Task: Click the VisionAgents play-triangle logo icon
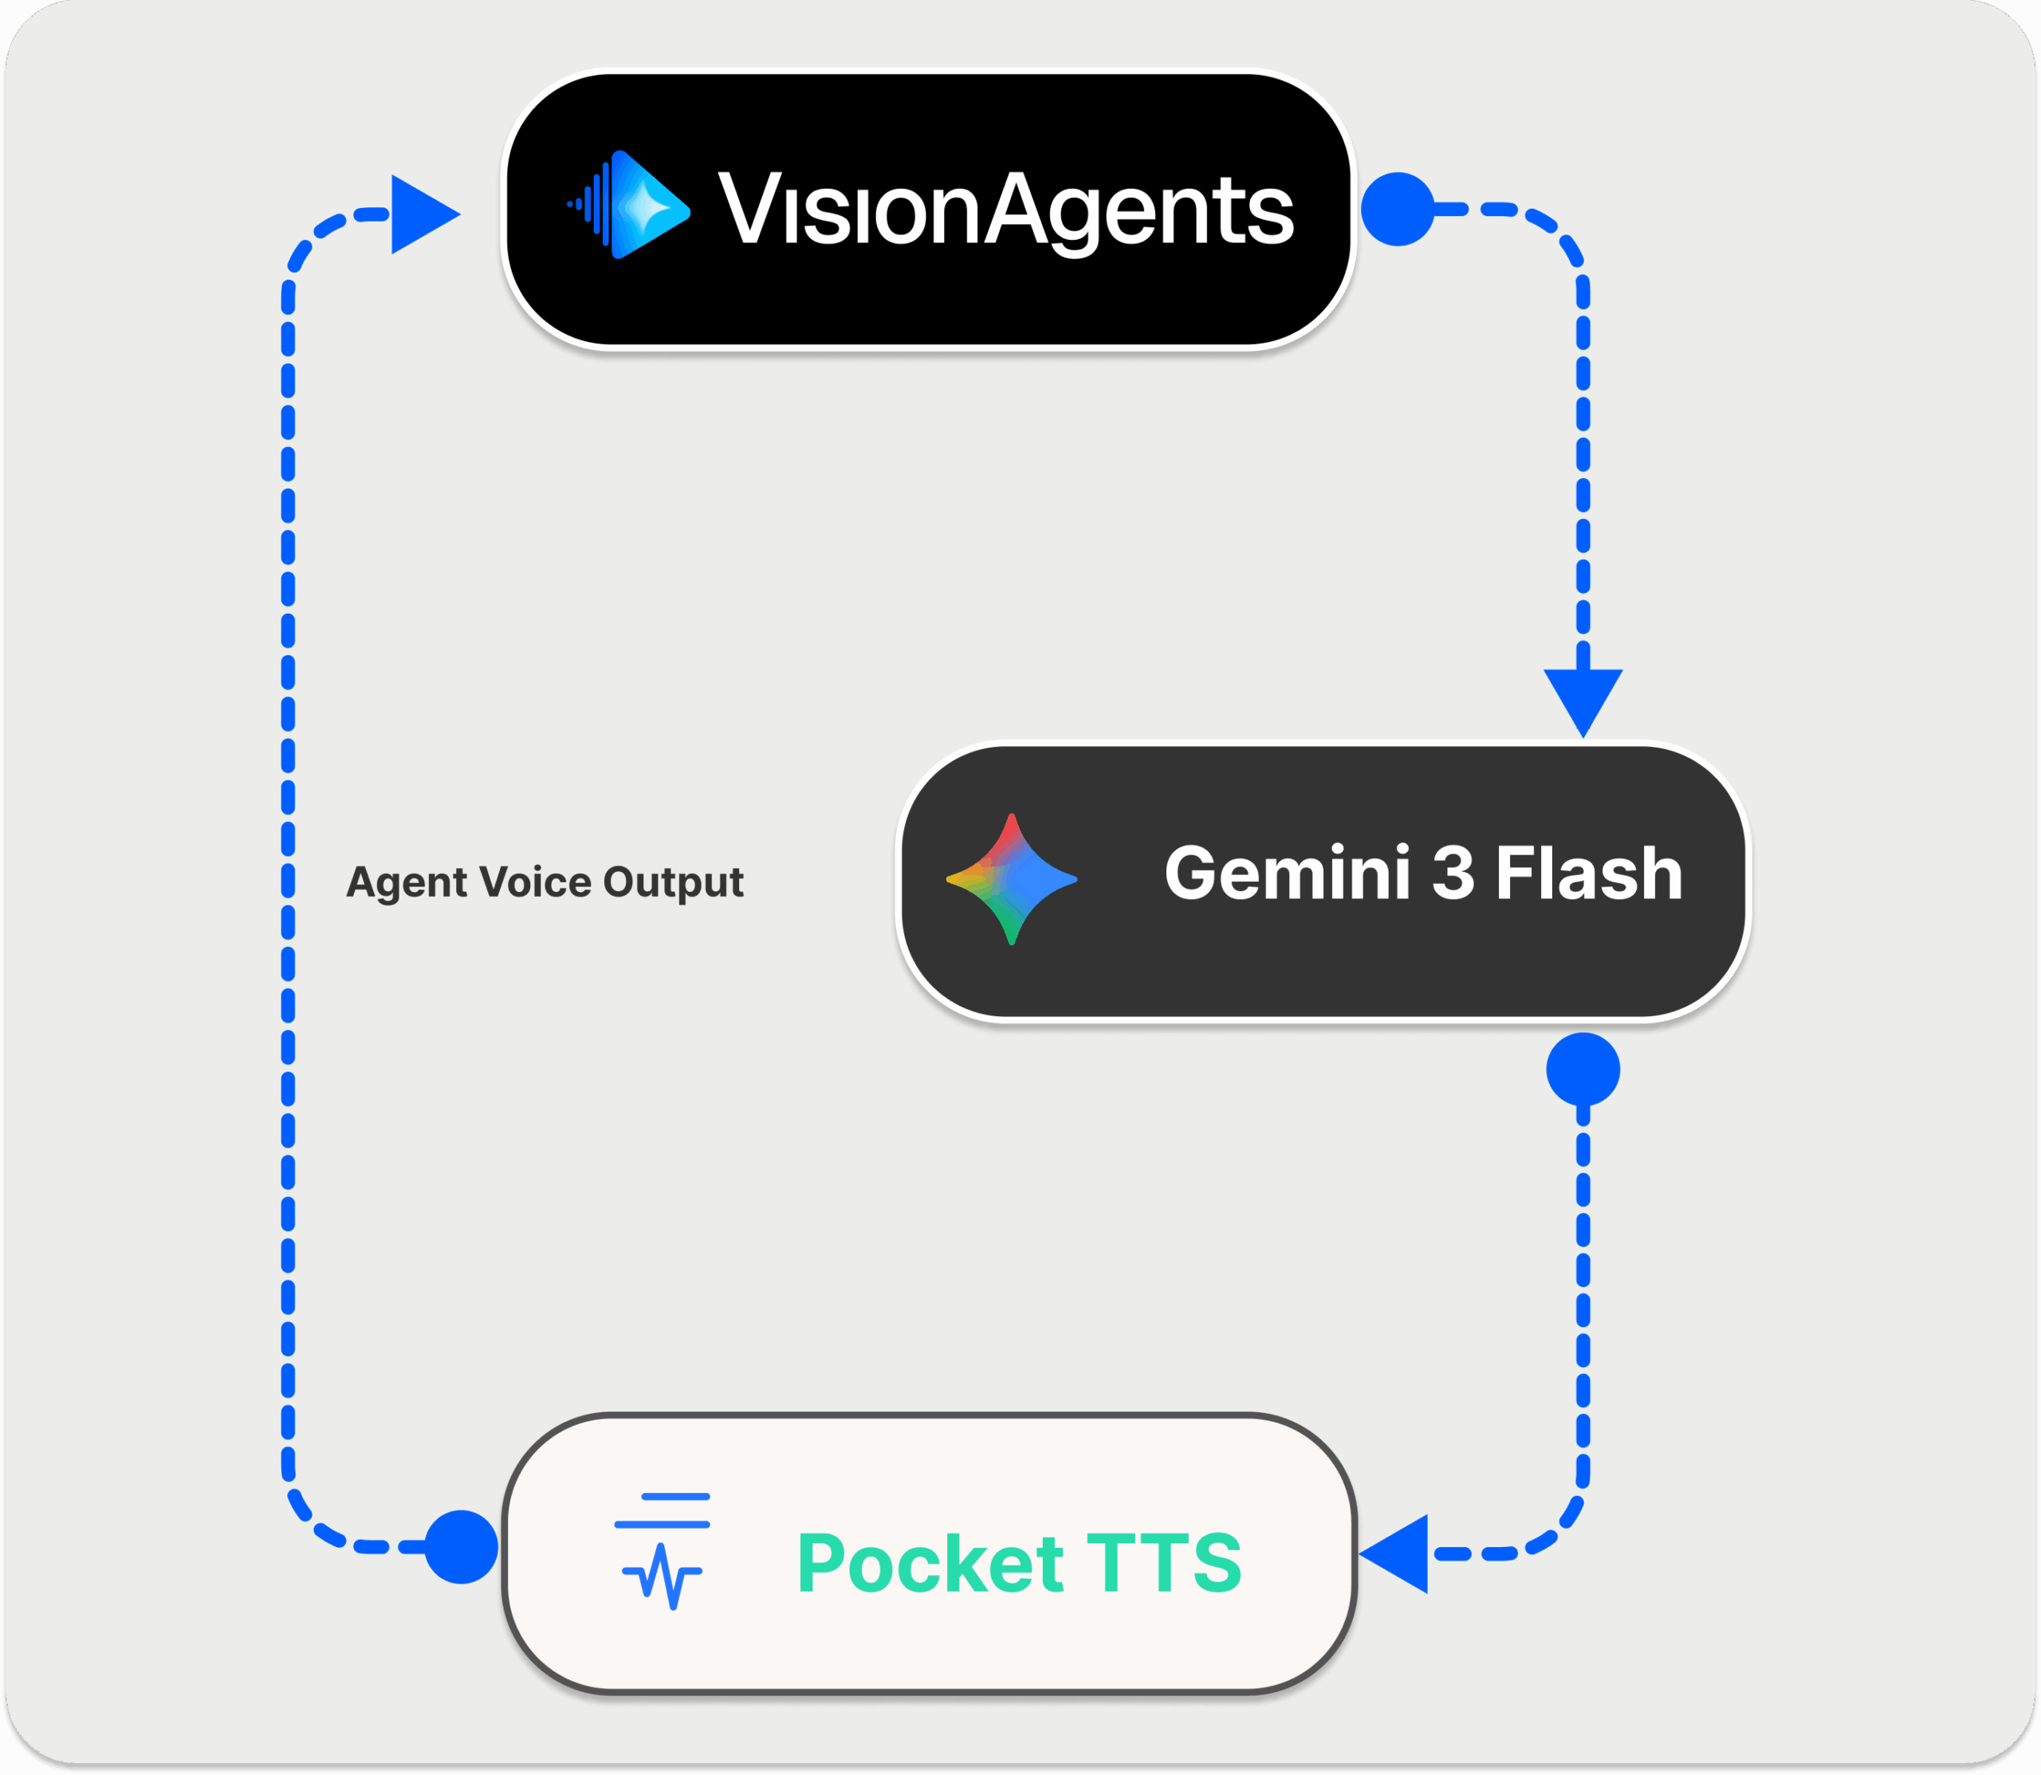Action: tap(649, 205)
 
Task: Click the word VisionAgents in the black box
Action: tap(1005, 209)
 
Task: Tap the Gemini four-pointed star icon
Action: tap(1012, 878)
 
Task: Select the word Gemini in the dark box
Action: tap(1286, 873)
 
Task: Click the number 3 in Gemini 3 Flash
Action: tap(1453, 873)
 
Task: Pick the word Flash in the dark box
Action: tap(1588, 873)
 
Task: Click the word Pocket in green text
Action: tap(930, 1563)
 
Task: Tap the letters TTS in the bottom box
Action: tap(1164, 1563)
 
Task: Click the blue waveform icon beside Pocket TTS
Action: tap(662, 1551)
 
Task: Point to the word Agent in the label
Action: tap(405, 882)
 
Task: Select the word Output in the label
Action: tap(673, 881)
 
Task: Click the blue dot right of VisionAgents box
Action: tap(1397, 209)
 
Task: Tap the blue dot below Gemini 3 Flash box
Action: tap(1583, 1070)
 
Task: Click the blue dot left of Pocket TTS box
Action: tap(461, 1546)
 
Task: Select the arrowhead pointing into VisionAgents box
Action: tap(421, 214)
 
